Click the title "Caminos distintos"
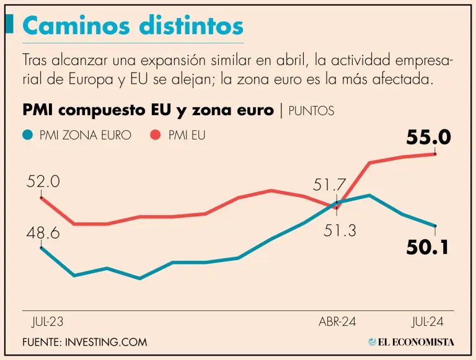133,26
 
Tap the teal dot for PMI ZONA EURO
27,134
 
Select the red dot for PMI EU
156,134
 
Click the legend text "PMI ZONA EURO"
85,134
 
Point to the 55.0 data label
428,138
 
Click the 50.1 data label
427,248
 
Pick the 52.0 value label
43,182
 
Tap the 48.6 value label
43,233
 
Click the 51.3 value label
340,230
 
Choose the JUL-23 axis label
47,322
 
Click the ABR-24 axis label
338,322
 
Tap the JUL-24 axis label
428,322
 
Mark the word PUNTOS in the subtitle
311,111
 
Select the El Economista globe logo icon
372,341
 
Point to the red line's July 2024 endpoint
435,154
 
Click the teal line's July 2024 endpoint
435,226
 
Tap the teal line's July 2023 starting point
42,247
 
